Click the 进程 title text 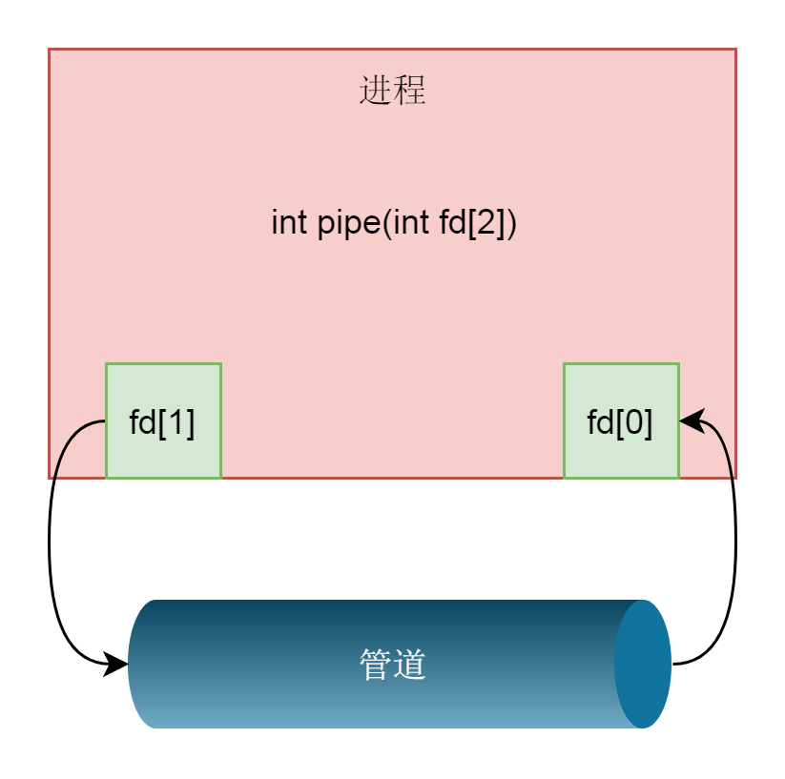(x=393, y=90)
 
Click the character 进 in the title (x=376, y=90)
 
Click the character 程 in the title (x=410, y=90)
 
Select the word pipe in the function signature (x=349, y=224)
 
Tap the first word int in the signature (x=288, y=222)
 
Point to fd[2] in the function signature (x=472, y=223)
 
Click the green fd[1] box (x=163, y=420)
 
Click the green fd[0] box (x=621, y=420)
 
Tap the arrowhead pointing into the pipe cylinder (x=115, y=665)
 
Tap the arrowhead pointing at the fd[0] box (x=692, y=420)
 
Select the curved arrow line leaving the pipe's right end (x=735, y=543)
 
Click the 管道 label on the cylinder (x=393, y=665)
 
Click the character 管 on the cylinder (x=376, y=665)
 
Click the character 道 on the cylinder (x=410, y=665)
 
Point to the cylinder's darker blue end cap (x=643, y=664)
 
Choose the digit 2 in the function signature (x=485, y=222)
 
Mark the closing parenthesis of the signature (x=511, y=224)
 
